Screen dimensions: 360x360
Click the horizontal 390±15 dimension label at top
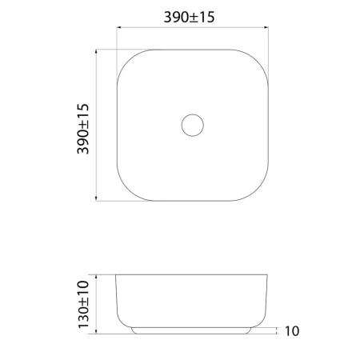coord(189,17)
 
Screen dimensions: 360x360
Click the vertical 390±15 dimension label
coord(83,129)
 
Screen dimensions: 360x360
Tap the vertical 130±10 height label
coord(83,304)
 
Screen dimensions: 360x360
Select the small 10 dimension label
coord(292,331)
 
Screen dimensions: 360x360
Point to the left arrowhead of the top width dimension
coord(119,27)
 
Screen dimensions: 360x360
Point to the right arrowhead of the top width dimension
coord(266,27)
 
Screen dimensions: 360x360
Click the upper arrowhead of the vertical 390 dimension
coord(96,52)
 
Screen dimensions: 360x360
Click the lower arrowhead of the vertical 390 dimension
coord(96,198)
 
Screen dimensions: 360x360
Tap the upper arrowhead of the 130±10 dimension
coord(96,277)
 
